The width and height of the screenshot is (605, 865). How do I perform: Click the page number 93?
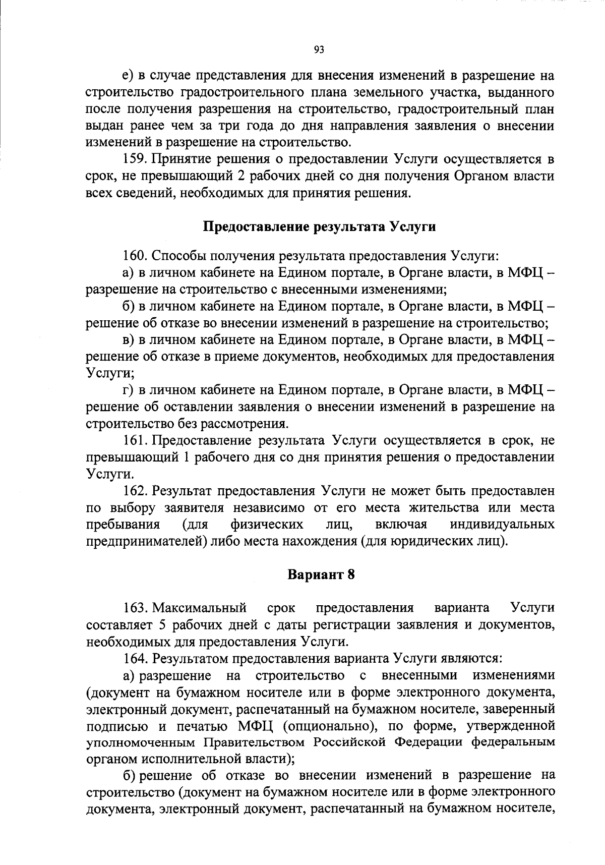[x=319, y=49]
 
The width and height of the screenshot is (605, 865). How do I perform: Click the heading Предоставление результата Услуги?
[x=319, y=226]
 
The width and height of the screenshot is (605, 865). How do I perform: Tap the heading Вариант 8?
[x=321, y=575]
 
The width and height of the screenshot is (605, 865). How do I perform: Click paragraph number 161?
[x=134, y=440]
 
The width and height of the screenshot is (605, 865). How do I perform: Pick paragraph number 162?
[x=134, y=490]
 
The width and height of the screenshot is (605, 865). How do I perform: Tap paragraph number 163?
[x=134, y=607]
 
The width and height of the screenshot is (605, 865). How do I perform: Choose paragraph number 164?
[x=134, y=658]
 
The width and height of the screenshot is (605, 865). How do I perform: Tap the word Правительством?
[x=255, y=743]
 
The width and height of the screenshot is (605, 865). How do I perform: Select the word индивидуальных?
[x=502, y=525]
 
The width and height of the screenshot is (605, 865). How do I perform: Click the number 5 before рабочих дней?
[x=162, y=625]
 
